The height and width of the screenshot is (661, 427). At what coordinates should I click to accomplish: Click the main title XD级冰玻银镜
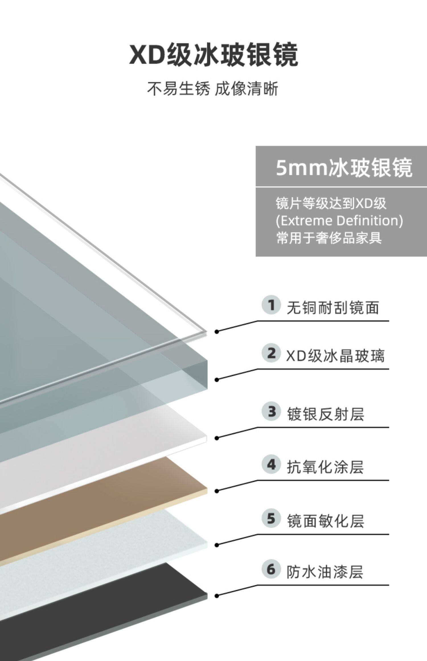click(213, 55)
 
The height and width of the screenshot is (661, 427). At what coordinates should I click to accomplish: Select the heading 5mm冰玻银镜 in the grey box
click(344, 168)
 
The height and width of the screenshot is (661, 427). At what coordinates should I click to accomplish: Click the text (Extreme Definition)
click(339, 221)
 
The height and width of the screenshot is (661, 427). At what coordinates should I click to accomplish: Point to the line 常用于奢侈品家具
click(329, 238)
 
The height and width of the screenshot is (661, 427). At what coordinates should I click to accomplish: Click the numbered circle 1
click(271, 305)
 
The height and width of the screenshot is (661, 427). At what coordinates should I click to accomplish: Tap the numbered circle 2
click(271, 353)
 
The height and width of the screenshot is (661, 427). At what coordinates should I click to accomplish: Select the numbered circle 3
click(271, 411)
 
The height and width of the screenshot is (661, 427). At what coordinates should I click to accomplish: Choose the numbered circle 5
click(271, 518)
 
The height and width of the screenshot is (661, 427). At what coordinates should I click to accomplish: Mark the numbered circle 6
click(271, 569)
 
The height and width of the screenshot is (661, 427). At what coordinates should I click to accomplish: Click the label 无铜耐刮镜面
click(332, 308)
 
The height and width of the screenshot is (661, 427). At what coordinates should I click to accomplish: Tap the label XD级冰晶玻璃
click(335, 356)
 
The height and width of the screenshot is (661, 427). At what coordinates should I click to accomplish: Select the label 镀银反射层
click(325, 414)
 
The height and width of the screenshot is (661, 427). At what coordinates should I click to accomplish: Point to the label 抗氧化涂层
click(325, 467)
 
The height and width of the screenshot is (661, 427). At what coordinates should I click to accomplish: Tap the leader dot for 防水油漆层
click(217, 596)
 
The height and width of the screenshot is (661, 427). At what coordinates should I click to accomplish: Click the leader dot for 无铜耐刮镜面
click(217, 332)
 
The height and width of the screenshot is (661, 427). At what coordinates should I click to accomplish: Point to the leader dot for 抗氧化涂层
click(217, 491)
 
